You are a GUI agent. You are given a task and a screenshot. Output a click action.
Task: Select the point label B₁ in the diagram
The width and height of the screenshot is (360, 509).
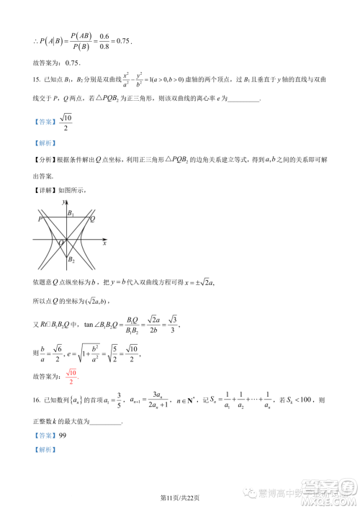click(x=71, y=213)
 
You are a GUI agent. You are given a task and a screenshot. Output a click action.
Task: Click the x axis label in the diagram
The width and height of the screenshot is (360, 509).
click(x=105, y=244)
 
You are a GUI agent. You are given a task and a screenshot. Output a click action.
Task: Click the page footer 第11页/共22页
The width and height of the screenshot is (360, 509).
click(x=180, y=497)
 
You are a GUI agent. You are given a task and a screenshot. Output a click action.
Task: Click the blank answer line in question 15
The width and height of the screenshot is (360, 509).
click(x=242, y=99)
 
